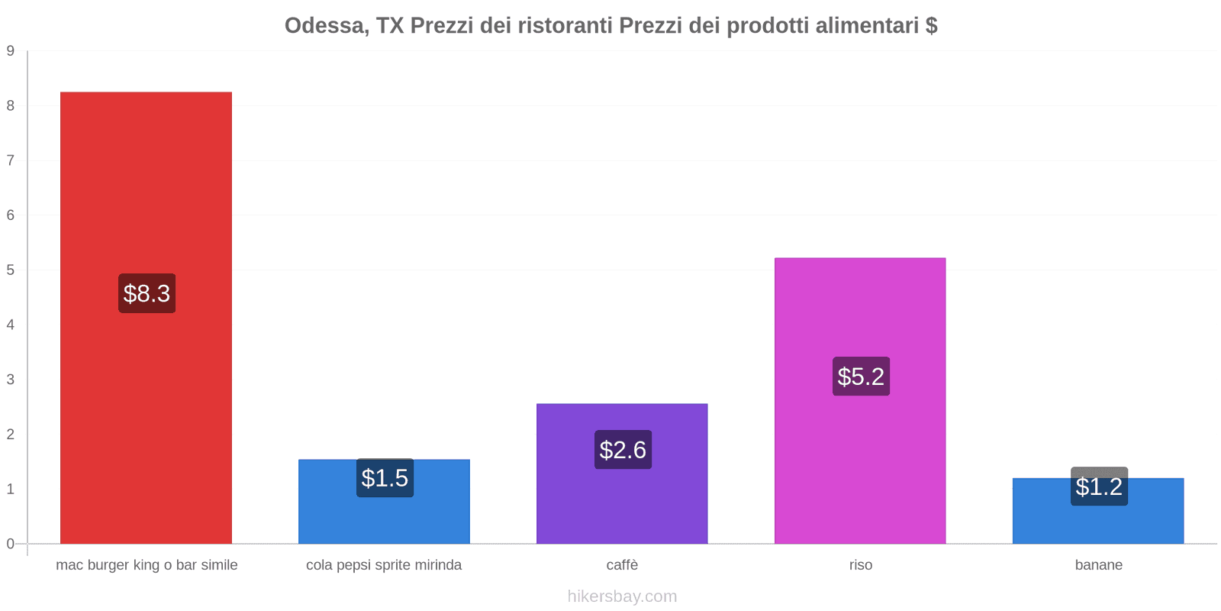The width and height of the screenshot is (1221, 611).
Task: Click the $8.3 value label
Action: point(147,293)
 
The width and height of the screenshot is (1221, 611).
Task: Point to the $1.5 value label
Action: point(385,478)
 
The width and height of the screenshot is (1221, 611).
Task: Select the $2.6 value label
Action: point(623,450)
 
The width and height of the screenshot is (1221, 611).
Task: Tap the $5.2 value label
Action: point(861,377)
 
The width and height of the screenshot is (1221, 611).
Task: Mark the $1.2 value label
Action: point(1099,487)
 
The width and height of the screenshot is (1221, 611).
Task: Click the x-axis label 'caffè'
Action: point(622,565)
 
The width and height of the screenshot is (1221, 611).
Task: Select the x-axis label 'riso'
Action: point(861,565)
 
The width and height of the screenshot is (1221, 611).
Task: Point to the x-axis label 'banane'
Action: point(1098,565)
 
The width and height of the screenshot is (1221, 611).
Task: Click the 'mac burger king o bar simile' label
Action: point(147,565)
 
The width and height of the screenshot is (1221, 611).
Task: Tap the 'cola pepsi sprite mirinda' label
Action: point(384,565)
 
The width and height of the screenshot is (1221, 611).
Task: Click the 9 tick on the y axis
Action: point(11,51)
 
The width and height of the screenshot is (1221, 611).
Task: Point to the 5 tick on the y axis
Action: point(11,270)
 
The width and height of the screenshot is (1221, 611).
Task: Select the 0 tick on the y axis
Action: point(11,544)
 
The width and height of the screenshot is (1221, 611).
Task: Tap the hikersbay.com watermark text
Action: point(622,596)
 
